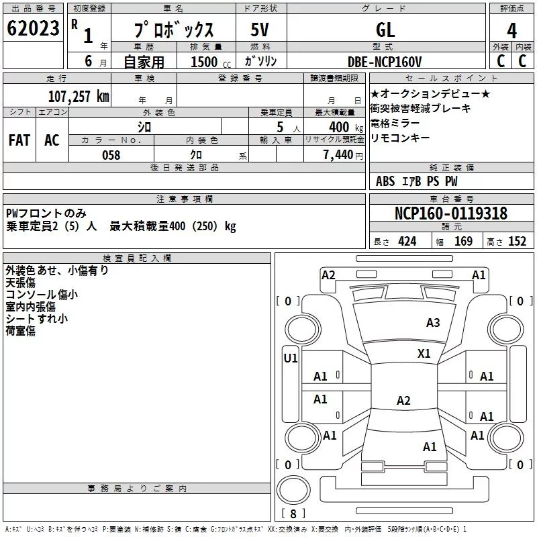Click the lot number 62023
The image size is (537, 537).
33,28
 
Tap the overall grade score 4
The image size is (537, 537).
511,31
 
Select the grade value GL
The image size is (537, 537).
385,30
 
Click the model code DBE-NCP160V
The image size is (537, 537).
385,62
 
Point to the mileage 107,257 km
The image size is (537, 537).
79,96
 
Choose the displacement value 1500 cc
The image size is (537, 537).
211,62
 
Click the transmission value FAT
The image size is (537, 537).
19,140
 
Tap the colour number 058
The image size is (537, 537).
111,155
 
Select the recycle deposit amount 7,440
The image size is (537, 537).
338,155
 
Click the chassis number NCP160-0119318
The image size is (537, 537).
451,213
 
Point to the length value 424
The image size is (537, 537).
407,242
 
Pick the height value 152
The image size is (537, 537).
517,242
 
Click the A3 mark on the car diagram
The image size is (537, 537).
433,323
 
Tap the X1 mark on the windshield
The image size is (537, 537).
424,354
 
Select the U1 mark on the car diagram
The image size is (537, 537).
291,358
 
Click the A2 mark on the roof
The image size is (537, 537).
403,400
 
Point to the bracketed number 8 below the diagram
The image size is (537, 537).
293,514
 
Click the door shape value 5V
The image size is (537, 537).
260,30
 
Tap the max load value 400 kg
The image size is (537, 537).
346,127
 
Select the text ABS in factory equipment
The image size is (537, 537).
385,181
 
